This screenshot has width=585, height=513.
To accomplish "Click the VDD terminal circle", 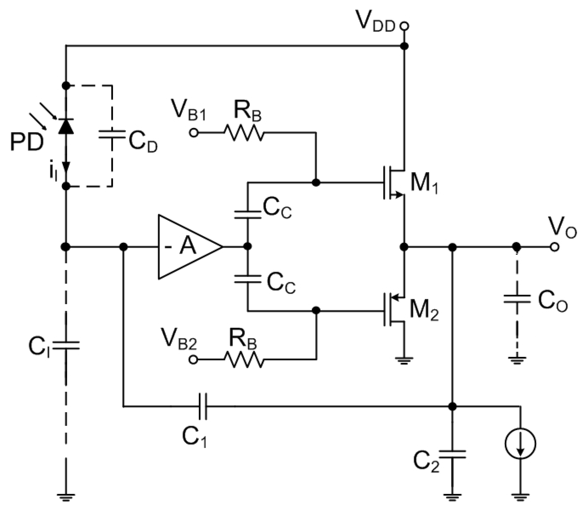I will (404, 26).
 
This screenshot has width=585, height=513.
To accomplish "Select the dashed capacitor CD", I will (112, 135).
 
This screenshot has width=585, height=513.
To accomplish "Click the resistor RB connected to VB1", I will (244, 133).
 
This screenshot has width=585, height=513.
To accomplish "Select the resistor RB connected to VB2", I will (244, 360).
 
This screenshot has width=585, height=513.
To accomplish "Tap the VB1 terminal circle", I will (194, 133).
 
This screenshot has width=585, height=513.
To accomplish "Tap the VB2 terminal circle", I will (194, 360).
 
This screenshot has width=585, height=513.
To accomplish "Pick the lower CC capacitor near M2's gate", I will (248, 279).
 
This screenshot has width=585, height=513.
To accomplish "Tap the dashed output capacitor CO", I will (517, 299).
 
